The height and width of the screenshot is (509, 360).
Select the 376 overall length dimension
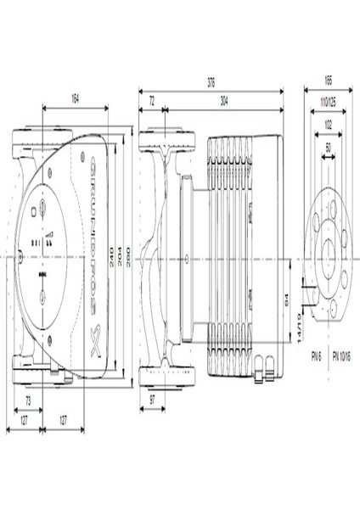211,82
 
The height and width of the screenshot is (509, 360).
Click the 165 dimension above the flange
328,81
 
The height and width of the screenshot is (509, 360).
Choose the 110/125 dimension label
328,102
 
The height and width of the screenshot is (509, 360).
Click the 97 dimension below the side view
152,398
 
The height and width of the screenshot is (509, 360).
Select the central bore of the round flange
328,255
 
